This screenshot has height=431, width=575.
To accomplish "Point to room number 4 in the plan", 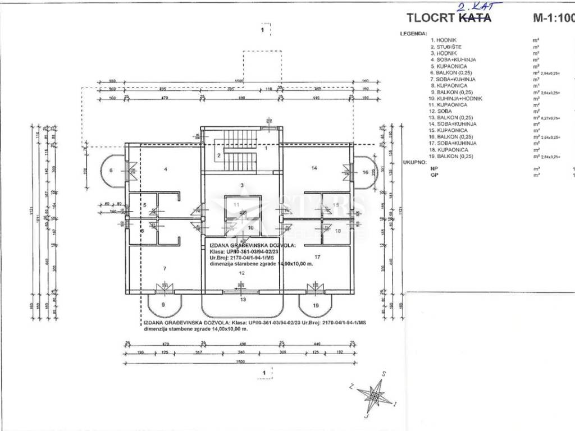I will tap(166, 168).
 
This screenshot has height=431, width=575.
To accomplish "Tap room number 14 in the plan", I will tap(314, 168).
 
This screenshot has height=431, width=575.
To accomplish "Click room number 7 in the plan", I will tap(164, 269).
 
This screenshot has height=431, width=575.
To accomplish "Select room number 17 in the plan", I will tap(317, 256).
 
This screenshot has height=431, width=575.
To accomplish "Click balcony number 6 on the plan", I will tap(111, 170).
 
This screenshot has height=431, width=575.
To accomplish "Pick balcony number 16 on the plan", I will tap(366, 172).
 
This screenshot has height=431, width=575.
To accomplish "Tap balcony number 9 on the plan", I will tap(163, 304).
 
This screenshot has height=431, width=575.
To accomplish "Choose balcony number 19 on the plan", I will tap(316, 305).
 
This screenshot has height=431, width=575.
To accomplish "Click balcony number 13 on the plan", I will tap(243, 300).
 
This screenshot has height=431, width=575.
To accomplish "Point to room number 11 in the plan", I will tap(236, 205).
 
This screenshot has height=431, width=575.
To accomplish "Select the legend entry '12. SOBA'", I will tap(441, 111).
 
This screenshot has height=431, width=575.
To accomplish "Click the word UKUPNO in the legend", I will tap(412, 163).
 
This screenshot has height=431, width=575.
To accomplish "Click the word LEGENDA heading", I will tap(413, 34).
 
